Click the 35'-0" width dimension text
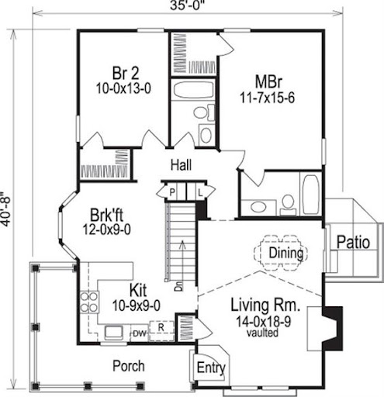(x=187, y=5)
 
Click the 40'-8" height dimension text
(x=5, y=209)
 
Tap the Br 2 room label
(x=126, y=73)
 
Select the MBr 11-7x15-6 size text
(x=267, y=98)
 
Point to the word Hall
(x=181, y=165)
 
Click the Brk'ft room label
(x=106, y=215)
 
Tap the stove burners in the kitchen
(x=88, y=302)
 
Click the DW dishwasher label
(x=140, y=333)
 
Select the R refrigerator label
(x=161, y=327)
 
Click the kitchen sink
(x=113, y=333)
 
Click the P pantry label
(x=172, y=192)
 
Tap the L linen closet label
(x=200, y=192)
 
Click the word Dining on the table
(x=286, y=253)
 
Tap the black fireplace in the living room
(x=333, y=328)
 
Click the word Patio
(x=353, y=243)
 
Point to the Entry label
(x=211, y=368)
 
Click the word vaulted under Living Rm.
(x=262, y=333)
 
